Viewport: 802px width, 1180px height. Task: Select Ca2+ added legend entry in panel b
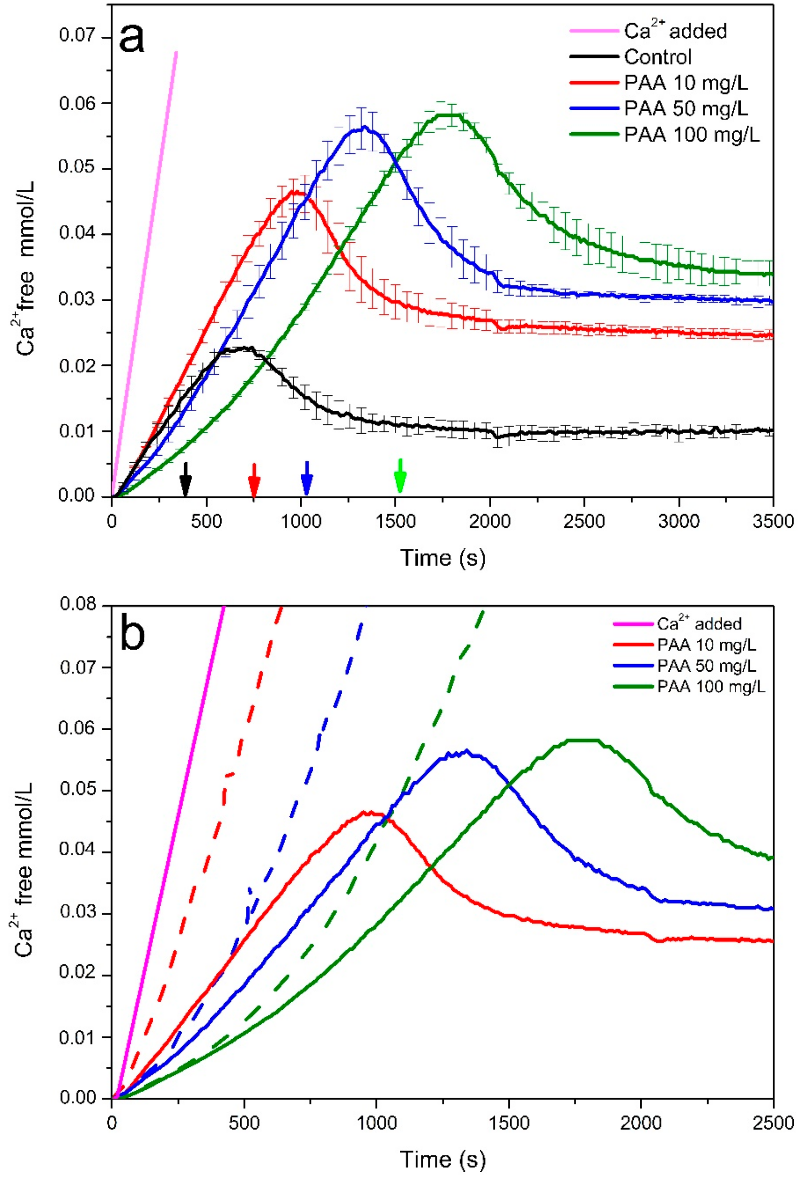tap(699, 624)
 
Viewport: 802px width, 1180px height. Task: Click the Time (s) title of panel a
tap(443, 557)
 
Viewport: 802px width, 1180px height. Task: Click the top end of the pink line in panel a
tap(176, 52)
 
